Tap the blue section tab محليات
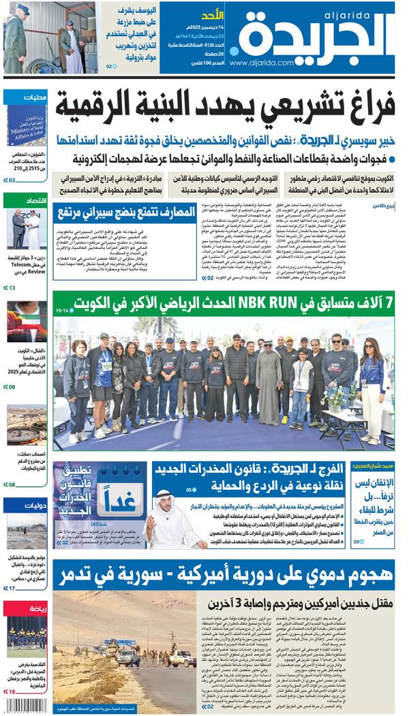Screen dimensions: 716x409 coord(33,97)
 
